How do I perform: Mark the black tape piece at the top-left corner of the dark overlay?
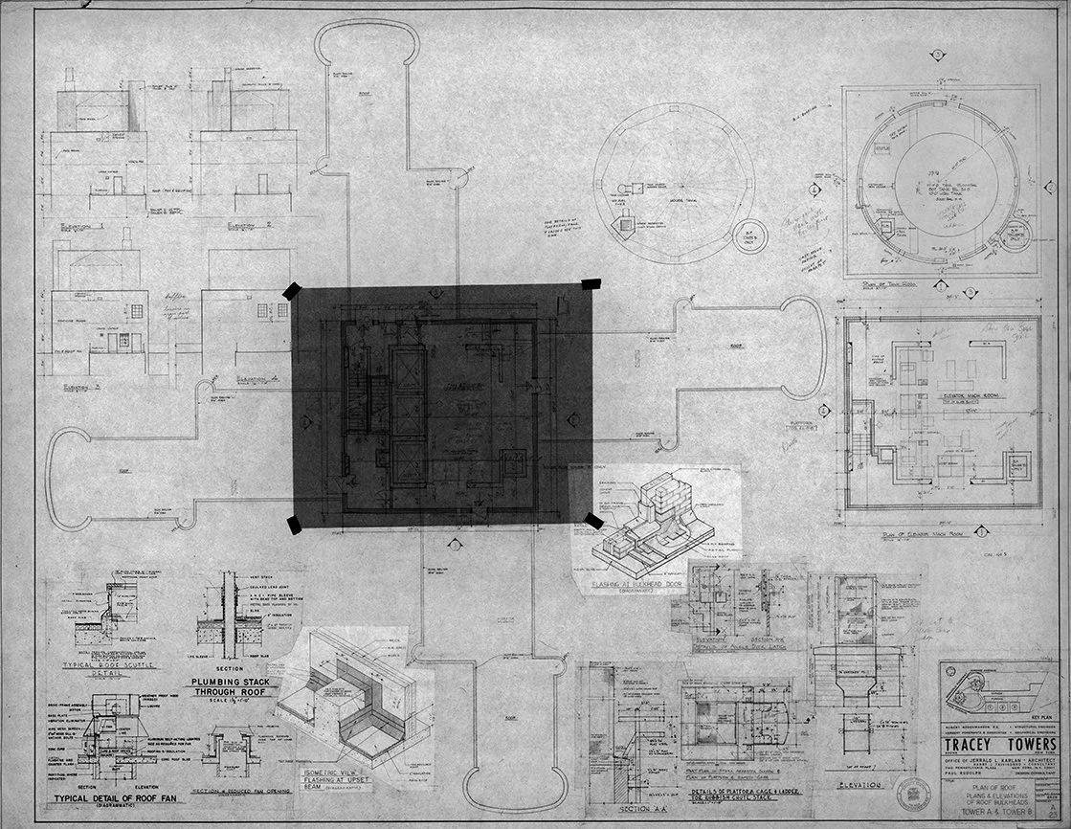click(291, 291)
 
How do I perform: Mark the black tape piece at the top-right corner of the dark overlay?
click(591, 284)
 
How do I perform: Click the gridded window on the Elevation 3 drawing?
click(136, 311)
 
